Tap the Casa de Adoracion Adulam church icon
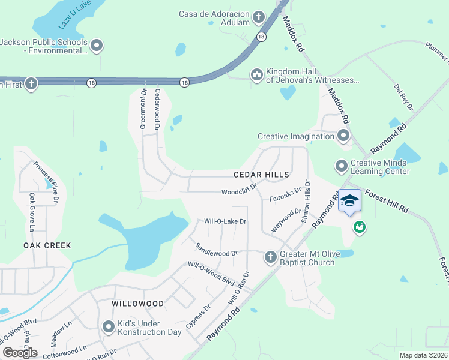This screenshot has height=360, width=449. pos(259,16)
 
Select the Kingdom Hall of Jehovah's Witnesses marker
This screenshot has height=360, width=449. pos(257,74)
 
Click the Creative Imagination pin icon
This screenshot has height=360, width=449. pos(343,136)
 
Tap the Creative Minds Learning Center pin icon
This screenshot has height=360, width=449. pos(342,165)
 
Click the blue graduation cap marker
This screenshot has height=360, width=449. pos(349,202)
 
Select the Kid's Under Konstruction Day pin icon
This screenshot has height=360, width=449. pos(109,327)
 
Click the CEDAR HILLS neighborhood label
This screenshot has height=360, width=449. pos(261,175)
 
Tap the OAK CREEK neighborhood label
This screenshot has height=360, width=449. pos(47,245)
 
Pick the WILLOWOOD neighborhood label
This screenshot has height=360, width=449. pos(137,304)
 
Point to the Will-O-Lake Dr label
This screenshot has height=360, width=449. pos(226,221)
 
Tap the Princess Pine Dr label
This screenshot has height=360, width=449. pos(46,181)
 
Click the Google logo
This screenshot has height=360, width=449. pos(20,353)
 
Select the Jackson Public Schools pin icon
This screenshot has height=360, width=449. pos(97,46)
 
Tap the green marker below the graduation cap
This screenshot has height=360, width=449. pos(360,227)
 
